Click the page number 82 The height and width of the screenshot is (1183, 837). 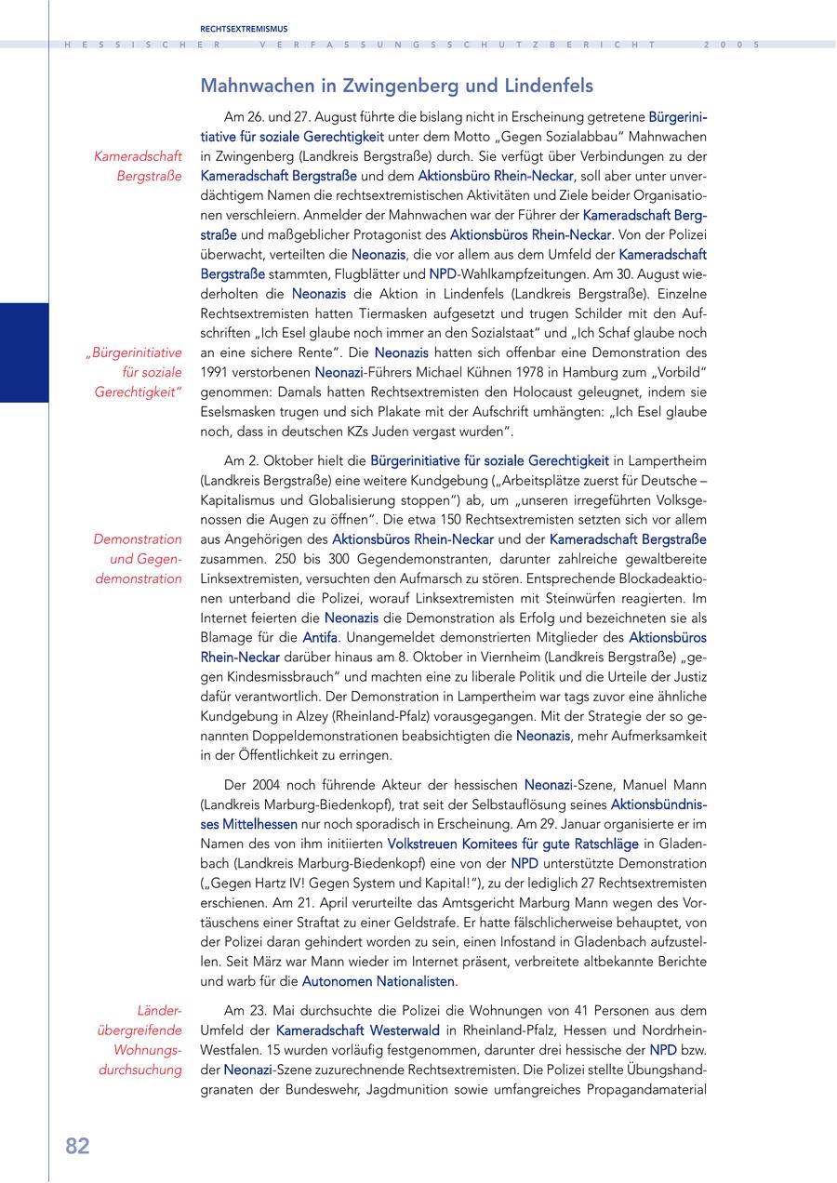click(77, 1147)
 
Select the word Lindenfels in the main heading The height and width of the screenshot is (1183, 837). click(548, 86)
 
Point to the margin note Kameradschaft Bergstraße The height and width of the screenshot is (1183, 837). click(138, 166)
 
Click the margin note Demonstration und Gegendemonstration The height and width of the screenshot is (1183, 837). click(138, 559)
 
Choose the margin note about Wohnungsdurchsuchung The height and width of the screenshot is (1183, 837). click(139, 1040)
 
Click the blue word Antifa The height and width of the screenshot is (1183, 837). click(320, 637)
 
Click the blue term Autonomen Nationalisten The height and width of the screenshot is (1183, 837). click(380, 980)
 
